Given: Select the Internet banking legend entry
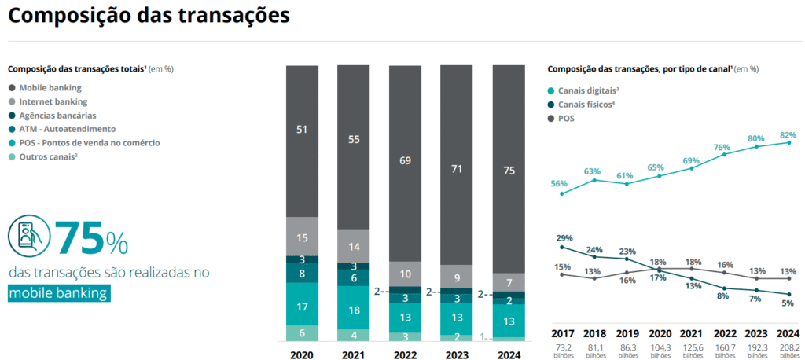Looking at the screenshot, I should pyautogui.click(x=53, y=101).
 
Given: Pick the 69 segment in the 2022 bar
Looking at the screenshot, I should pyautogui.click(x=406, y=162).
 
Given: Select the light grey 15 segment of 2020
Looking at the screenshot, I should pyautogui.click(x=302, y=237).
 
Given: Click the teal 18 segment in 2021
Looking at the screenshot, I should pyautogui.click(x=354, y=311).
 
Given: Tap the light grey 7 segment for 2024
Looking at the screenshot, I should pyautogui.click(x=509, y=283).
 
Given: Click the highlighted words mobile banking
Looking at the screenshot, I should pyautogui.click(x=59, y=293).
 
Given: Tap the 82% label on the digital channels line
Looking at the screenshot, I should pyautogui.click(x=788, y=134).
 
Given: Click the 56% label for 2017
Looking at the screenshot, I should pyautogui.click(x=559, y=183).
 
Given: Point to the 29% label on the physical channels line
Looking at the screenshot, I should pyautogui.click(x=564, y=238).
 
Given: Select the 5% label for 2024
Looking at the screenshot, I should pyautogui.click(x=788, y=303).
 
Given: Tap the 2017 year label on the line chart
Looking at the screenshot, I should pyautogui.click(x=563, y=333).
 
